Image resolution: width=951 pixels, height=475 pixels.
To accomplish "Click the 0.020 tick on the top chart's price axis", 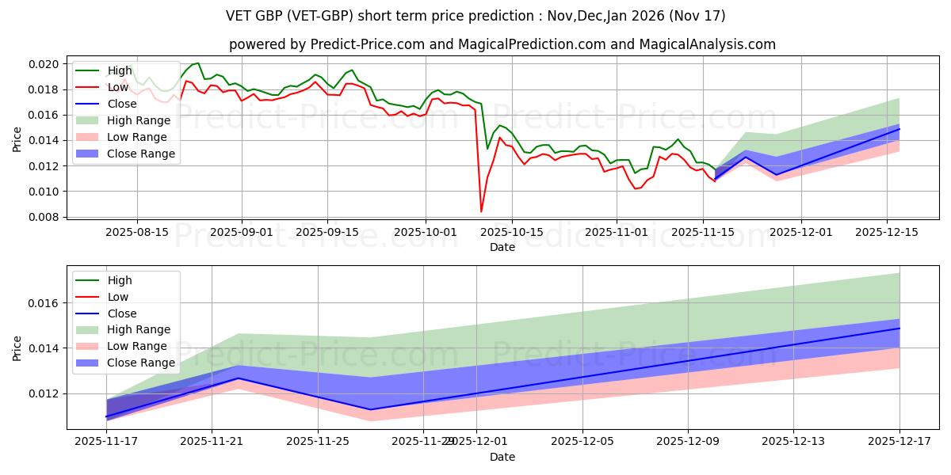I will (44, 64).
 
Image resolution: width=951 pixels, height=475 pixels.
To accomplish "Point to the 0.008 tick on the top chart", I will (44, 217).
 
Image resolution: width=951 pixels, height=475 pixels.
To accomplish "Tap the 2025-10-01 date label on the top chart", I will (426, 232).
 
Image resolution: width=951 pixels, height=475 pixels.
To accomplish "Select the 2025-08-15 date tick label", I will (137, 232).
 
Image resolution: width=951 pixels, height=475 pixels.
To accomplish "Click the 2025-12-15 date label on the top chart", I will (886, 232).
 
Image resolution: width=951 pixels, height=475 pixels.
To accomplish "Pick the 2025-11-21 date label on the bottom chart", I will (212, 442).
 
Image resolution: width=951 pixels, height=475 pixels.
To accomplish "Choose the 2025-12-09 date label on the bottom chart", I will (688, 442).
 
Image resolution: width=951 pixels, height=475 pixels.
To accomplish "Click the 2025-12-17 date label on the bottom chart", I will (899, 442).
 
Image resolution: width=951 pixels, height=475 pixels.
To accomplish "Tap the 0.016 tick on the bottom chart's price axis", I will (44, 303).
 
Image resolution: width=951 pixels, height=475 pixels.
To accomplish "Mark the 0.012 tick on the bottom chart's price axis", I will (44, 393).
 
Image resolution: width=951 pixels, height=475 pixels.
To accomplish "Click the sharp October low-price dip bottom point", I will (481, 211).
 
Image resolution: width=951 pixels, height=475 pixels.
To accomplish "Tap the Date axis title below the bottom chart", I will (502, 457).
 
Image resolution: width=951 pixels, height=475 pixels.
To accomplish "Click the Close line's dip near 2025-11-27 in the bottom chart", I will (371, 409).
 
